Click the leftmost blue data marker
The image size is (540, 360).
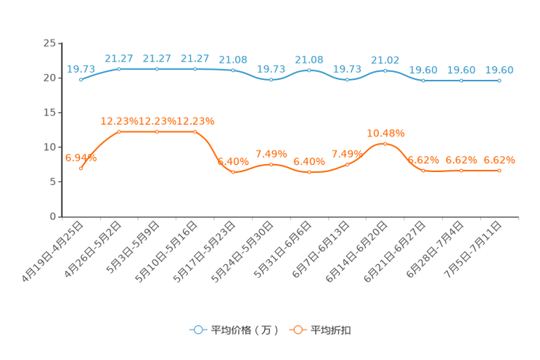81,79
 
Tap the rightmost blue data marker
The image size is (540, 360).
499,80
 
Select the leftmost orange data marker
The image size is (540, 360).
81,168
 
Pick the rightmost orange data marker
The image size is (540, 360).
499,170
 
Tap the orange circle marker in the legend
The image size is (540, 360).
297,330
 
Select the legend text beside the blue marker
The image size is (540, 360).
244,330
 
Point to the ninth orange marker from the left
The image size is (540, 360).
385,144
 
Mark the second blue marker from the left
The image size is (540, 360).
119,68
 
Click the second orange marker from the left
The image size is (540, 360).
119,131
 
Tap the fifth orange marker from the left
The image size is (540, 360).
233,172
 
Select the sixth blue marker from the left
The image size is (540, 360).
271,79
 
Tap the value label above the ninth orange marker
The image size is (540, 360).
385,133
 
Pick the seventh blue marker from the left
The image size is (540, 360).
309,70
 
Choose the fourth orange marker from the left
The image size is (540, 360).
195,131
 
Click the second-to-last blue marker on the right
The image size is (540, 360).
461,80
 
